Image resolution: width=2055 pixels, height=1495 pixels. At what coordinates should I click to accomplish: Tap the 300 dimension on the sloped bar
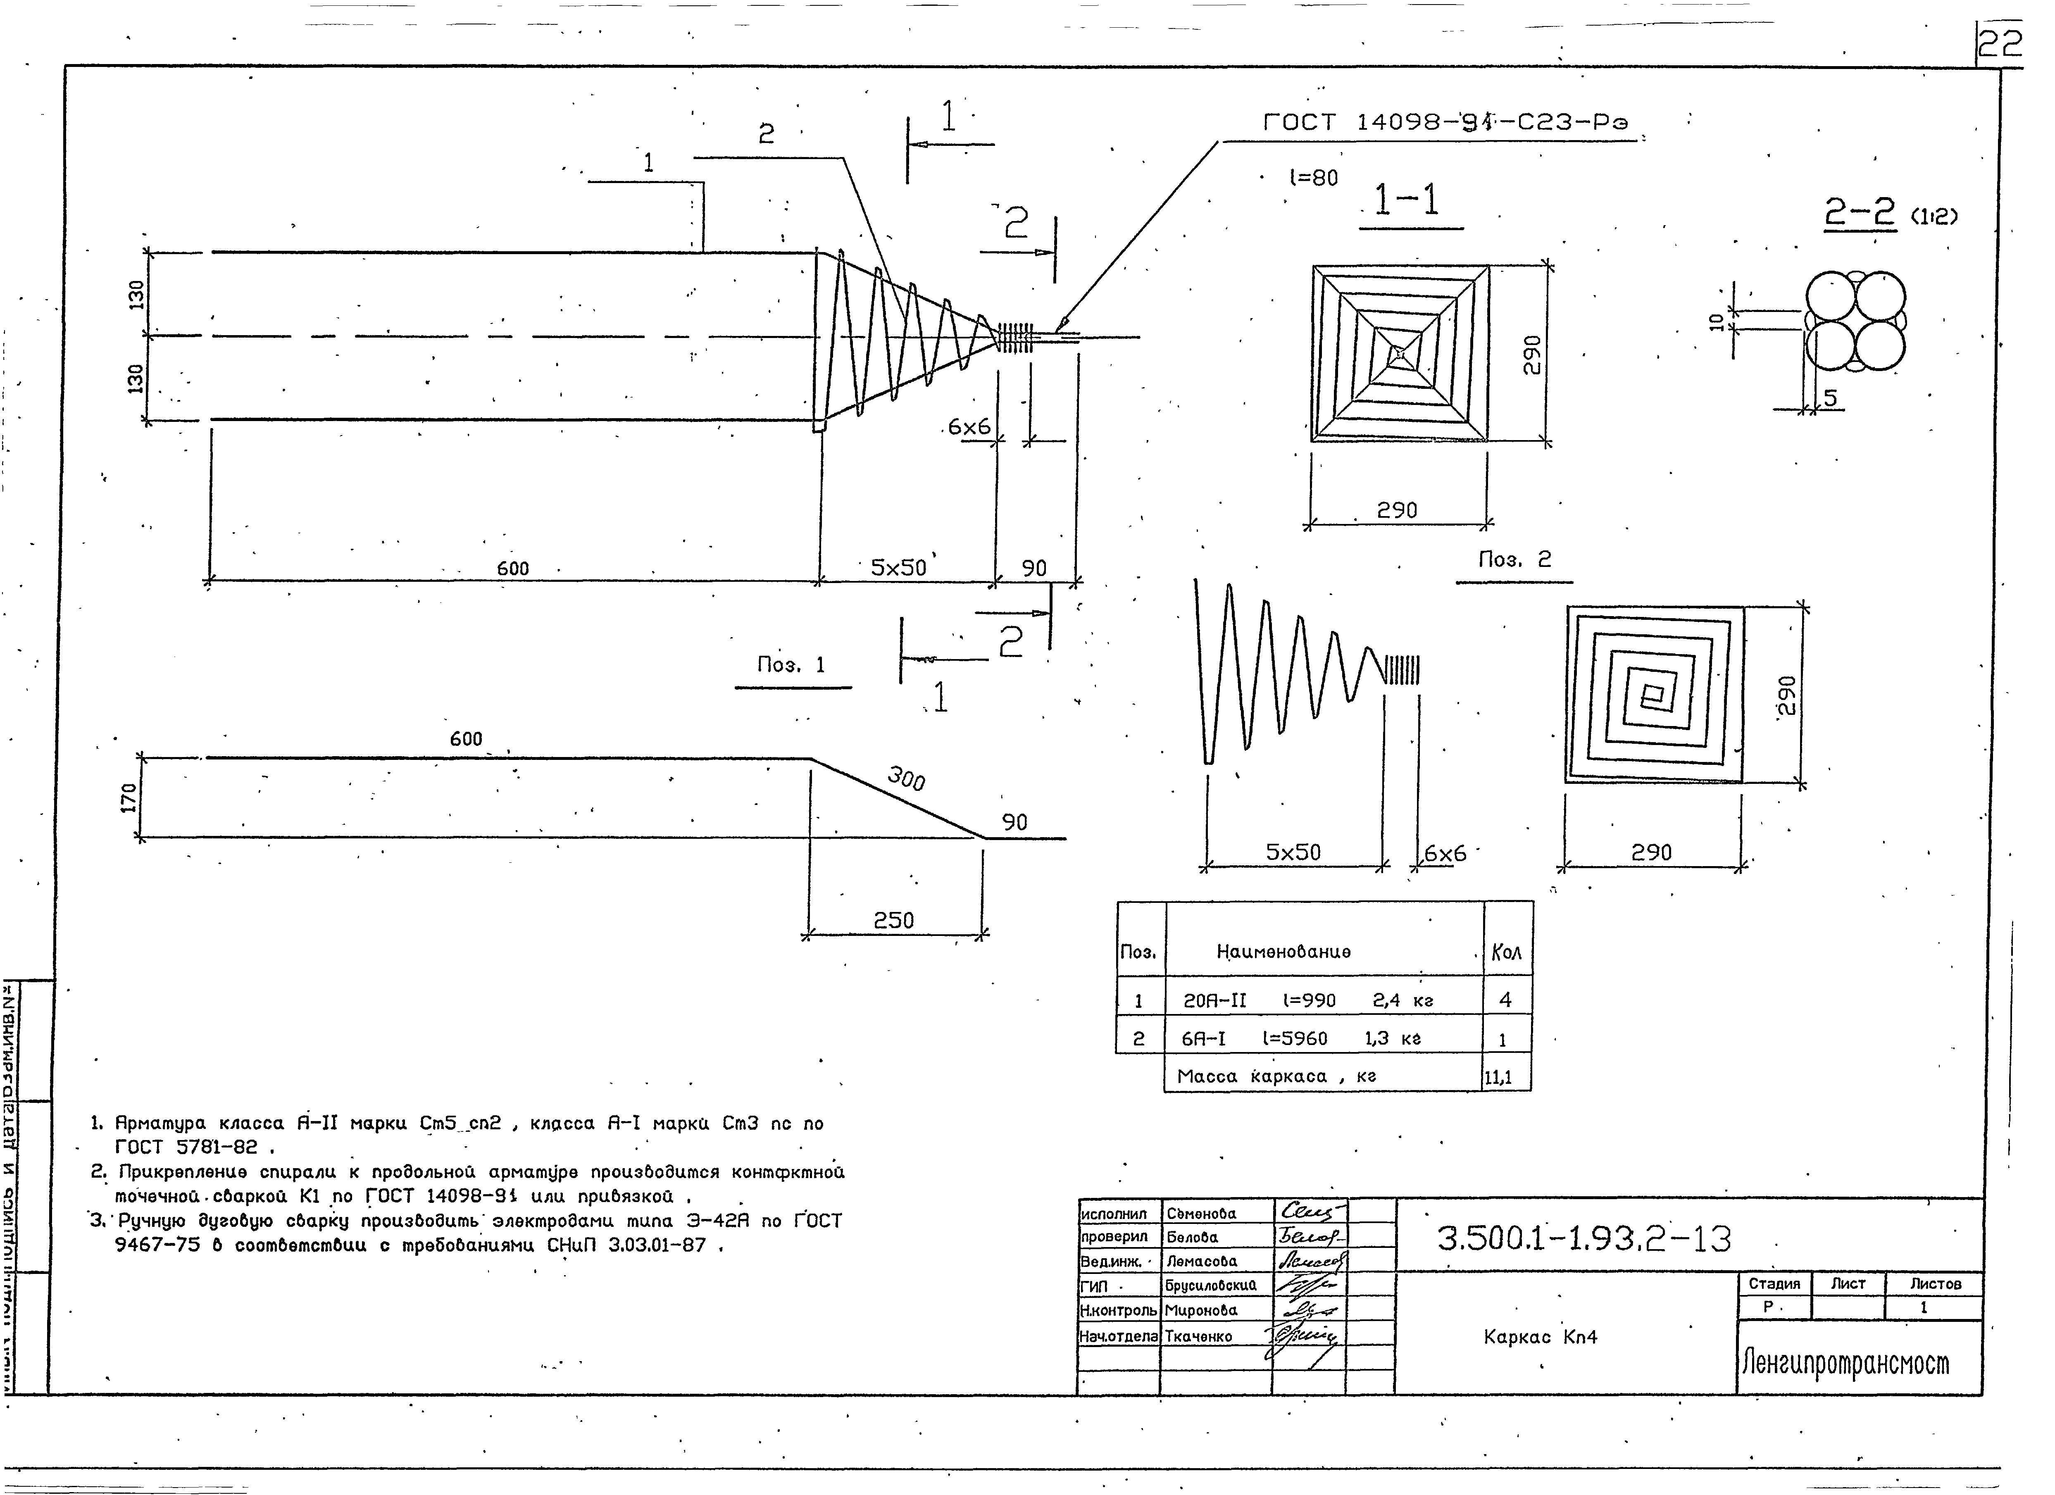[906, 777]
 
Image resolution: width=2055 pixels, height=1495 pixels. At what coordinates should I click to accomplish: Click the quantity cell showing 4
[1505, 1000]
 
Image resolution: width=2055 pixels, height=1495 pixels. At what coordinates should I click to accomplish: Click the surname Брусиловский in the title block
[1210, 1285]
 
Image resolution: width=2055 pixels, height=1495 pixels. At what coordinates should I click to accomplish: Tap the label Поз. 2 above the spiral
[1514, 560]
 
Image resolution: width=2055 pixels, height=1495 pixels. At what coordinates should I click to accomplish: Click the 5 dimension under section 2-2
[1830, 398]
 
